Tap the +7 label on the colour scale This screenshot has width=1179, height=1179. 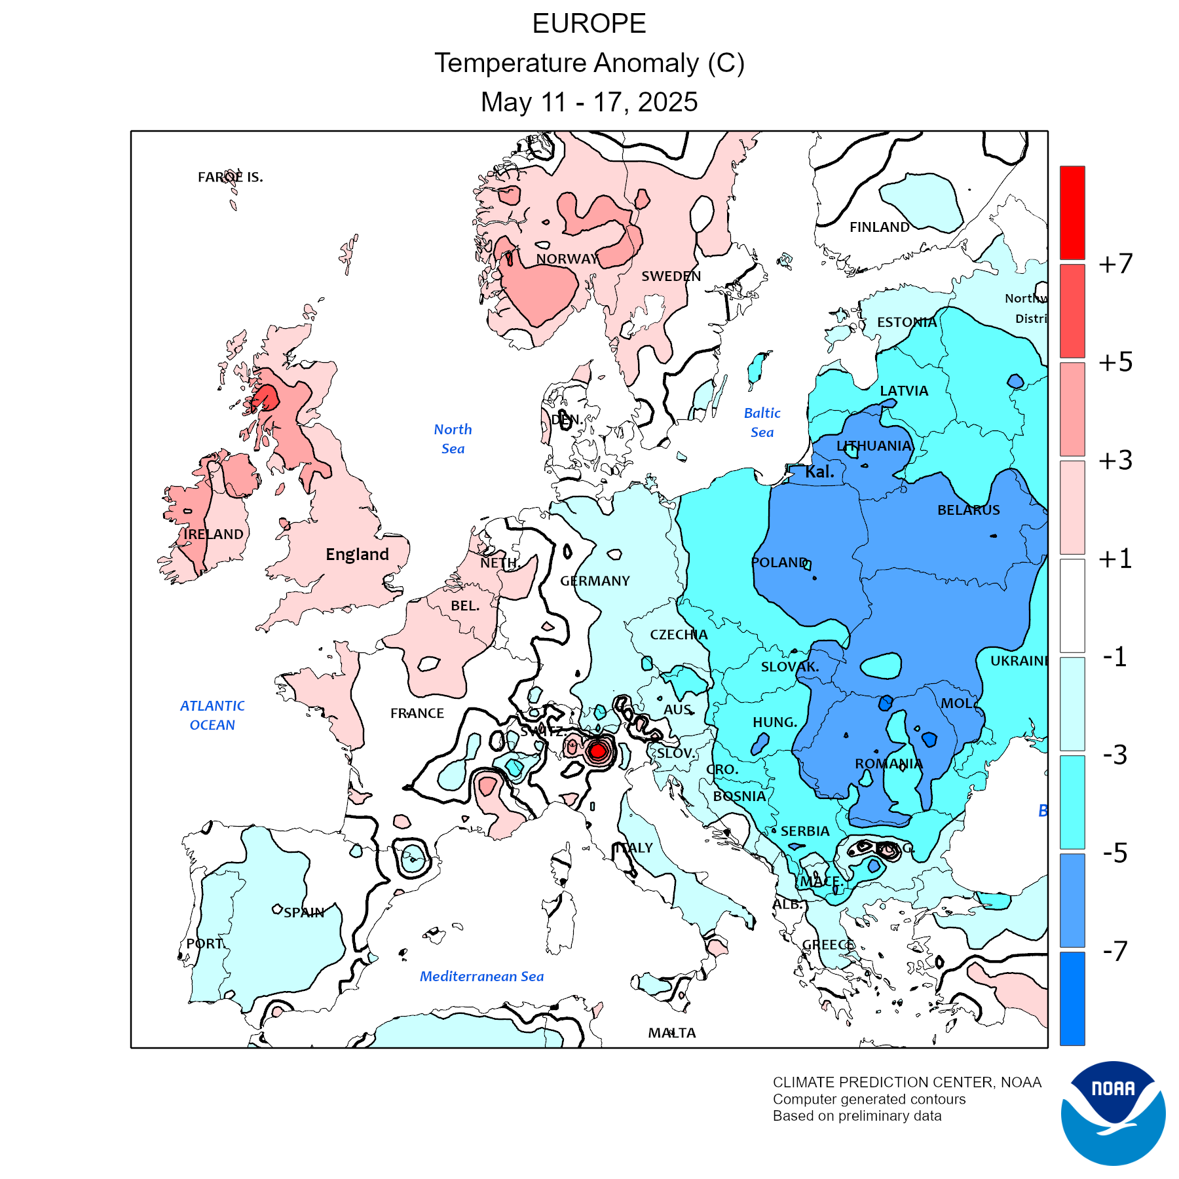click(x=1115, y=263)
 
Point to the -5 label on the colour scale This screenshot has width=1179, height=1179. click(x=1115, y=853)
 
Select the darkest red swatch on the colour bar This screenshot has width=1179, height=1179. click(x=1072, y=212)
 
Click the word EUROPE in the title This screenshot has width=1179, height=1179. click(x=589, y=24)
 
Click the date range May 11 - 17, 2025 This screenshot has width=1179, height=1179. click(x=589, y=102)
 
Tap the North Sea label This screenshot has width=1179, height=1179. click(x=453, y=439)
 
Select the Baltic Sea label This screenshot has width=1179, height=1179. click(x=762, y=422)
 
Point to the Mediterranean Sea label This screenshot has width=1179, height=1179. click(x=481, y=977)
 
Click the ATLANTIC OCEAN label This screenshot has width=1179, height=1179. click(x=212, y=715)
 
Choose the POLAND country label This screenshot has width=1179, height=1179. click(x=779, y=563)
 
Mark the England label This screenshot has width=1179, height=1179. click(x=357, y=555)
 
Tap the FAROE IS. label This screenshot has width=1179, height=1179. click(x=231, y=177)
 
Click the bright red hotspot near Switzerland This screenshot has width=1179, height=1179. click(x=597, y=751)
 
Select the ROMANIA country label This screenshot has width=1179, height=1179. click(x=888, y=764)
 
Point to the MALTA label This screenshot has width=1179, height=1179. click(x=672, y=1033)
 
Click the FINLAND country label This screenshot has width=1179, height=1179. click(x=879, y=227)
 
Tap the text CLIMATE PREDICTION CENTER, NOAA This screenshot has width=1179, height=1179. click(x=907, y=1082)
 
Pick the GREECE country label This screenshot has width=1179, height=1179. click(x=829, y=945)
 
